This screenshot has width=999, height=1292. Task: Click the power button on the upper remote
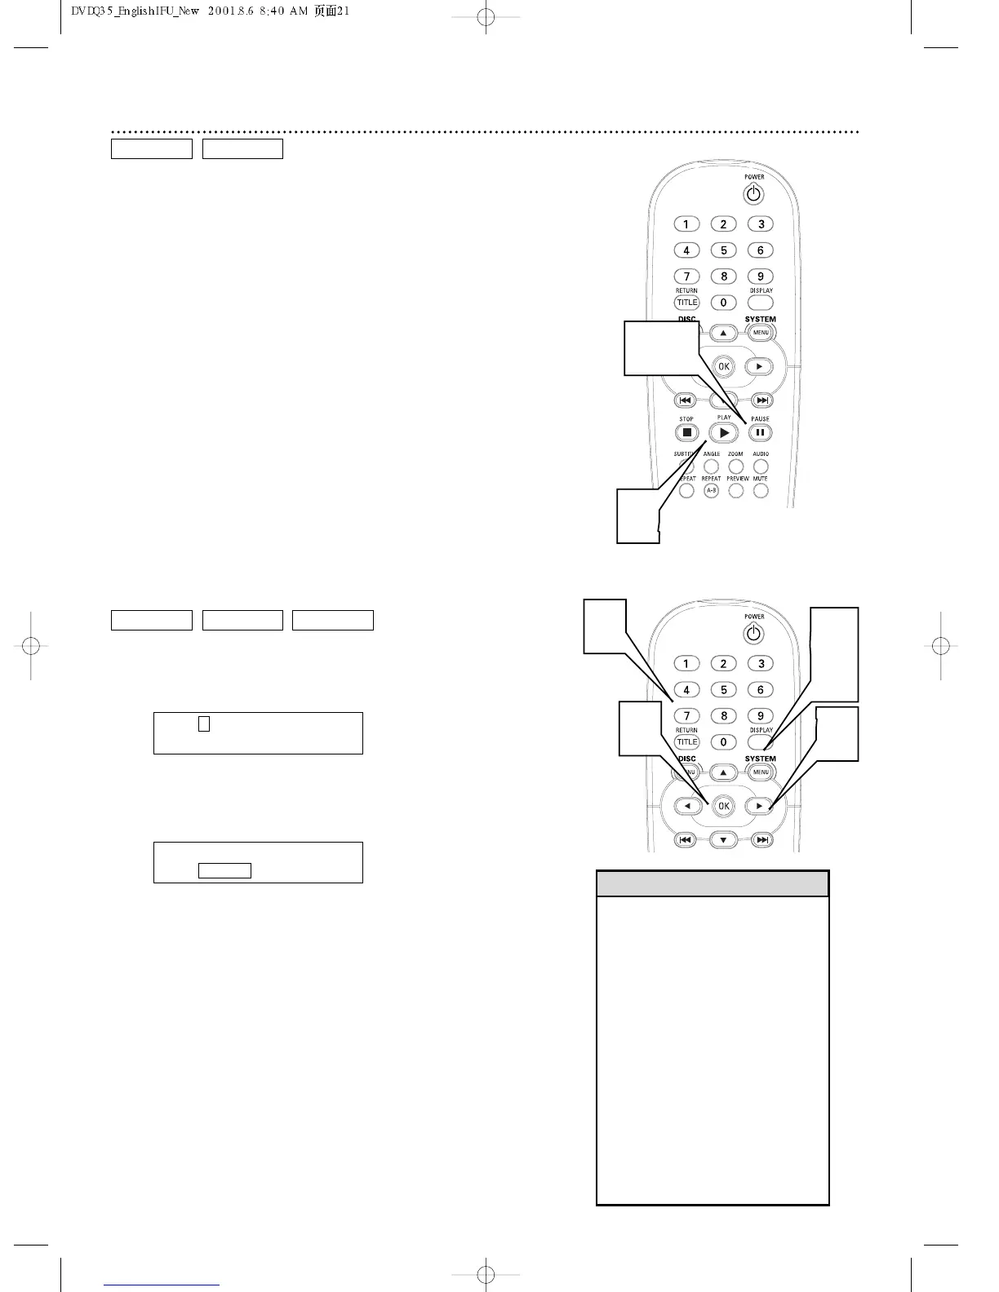click(753, 194)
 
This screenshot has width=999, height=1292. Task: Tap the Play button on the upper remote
click(723, 433)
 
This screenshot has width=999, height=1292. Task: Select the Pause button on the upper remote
click(760, 433)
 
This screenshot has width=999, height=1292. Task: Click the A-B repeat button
click(711, 491)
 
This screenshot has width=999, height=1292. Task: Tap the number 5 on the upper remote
click(723, 250)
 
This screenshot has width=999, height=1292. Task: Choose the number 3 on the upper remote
click(761, 224)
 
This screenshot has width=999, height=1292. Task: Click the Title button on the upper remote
click(686, 303)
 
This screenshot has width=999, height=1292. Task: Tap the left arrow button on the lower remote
click(687, 806)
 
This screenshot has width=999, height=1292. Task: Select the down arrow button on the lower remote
click(723, 839)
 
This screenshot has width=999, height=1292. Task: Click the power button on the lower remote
click(753, 634)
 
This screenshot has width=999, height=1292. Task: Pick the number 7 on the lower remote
click(686, 716)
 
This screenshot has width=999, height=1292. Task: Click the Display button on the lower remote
click(761, 741)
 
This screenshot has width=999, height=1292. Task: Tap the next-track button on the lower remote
click(761, 839)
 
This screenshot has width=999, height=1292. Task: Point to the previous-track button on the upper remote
click(686, 400)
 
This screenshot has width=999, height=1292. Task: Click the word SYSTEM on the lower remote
click(761, 759)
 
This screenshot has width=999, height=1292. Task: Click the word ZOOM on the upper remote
click(735, 454)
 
